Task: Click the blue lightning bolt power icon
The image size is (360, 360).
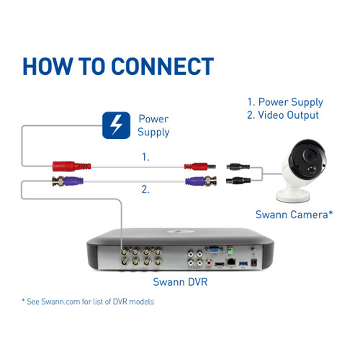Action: [116, 125]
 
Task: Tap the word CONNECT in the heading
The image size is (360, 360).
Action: [163, 66]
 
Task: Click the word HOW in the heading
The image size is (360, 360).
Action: [48, 66]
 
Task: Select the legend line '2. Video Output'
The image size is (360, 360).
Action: [283, 115]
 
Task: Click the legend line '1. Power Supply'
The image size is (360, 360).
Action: [285, 102]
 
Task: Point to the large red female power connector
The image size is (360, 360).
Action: [71, 166]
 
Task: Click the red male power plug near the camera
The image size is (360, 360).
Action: [199, 166]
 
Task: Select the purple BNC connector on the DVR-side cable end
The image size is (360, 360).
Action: [68, 181]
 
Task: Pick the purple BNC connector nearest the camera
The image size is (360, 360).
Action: [201, 181]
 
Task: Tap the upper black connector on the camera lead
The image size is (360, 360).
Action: [238, 166]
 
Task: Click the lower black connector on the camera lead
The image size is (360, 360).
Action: [238, 180]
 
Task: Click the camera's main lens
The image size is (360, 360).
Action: [310, 156]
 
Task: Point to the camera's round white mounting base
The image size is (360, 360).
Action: [293, 195]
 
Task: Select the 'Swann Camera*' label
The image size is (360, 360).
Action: [294, 215]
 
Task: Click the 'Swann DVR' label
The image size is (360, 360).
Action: [180, 282]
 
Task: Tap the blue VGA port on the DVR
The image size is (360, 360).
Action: [213, 251]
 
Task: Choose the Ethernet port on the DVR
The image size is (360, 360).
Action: [231, 262]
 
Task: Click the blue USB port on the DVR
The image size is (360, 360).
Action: [243, 264]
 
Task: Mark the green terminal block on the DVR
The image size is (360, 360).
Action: [230, 251]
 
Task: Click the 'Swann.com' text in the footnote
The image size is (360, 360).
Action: [60, 302]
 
